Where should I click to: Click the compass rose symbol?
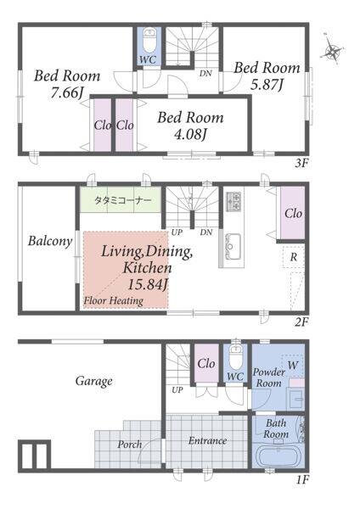[x=332, y=50]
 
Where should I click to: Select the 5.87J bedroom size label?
[x=267, y=85]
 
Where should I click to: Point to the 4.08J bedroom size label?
[x=190, y=134]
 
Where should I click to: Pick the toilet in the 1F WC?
[x=235, y=357]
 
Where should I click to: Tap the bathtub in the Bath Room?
[x=278, y=456]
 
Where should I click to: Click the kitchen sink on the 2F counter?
[x=233, y=246]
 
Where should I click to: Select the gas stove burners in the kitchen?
[x=233, y=201]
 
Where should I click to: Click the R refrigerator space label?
[x=294, y=257]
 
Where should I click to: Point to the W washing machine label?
[x=292, y=365]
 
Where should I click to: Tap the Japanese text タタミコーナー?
[x=123, y=200]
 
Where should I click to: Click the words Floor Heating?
[x=114, y=300]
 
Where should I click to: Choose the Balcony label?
[x=50, y=241]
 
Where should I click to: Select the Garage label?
[x=94, y=381]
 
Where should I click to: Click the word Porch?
[x=130, y=444]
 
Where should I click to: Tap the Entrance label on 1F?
[x=208, y=440]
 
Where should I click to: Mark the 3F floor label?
[x=301, y=163]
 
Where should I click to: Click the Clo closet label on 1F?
[x=206, y=364]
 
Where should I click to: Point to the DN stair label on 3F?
[x=205, y=73]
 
